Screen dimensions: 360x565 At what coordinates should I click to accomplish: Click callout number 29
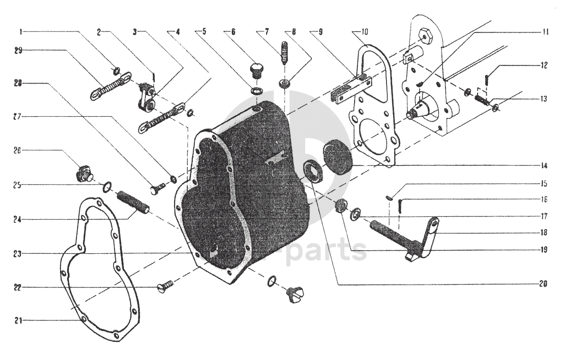tap(19, 51)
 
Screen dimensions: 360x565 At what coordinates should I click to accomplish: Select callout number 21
tap(19, 320)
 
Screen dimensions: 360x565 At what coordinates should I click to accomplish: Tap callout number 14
tap(544, 165)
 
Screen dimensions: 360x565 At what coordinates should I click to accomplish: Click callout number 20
tap(544, 285)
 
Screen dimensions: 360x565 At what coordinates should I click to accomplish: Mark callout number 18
tap(544, 232)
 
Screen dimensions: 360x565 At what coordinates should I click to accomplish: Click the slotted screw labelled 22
tap(165, 285)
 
